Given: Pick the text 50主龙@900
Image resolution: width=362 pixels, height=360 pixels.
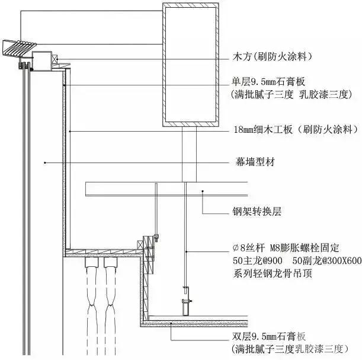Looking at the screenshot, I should coord(257,260).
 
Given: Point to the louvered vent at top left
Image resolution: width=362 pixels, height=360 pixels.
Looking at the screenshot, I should coord(19,46).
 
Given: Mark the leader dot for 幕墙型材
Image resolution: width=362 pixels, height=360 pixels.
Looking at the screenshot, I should coord(44,161).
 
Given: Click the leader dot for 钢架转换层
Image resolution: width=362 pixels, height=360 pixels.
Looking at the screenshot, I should coord(203,190).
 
